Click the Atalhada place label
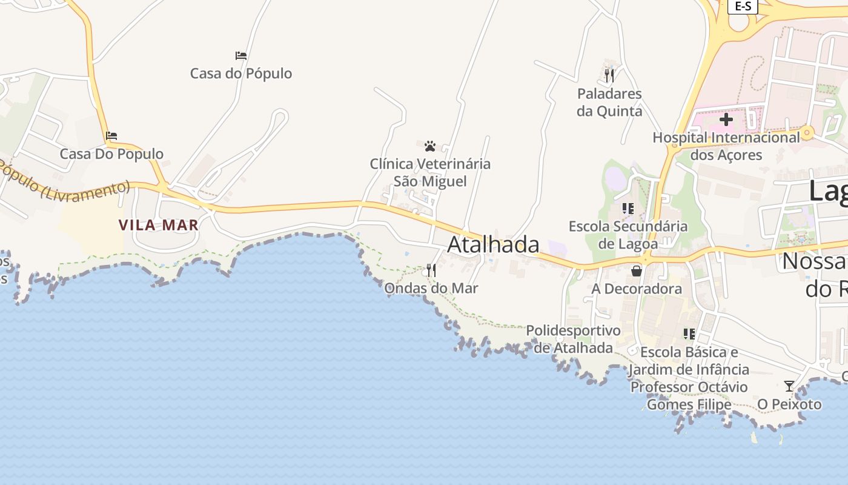click(x=493, y=244)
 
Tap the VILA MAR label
click(x=158, y=226)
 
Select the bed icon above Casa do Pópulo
click(x=241, y=56)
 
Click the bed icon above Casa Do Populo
click(x=111, y=136)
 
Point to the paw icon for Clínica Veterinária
click(x=430, y=146)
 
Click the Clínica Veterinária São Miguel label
click(x=430, y=173)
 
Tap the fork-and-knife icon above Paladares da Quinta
click(x=609, y=76)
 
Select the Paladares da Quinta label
click(x=609, y=102)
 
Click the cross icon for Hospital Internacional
click(x=726, y=119)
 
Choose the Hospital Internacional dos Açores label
click(x=726, y=146)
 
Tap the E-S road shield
click(x=743, y=6)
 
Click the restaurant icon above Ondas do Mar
click(x=431, y=270)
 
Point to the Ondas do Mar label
click(x=431, y=289)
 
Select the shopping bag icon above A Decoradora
click(x=637, y=270)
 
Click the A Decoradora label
click(x=637, y=289)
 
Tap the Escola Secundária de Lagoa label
click(x=628, y=235)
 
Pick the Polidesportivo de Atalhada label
click(x=573, y=339)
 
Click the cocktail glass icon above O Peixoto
click(x=789, y=386)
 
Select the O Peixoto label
click(x=790, y=404)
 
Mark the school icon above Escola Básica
click(x=689, y=334)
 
